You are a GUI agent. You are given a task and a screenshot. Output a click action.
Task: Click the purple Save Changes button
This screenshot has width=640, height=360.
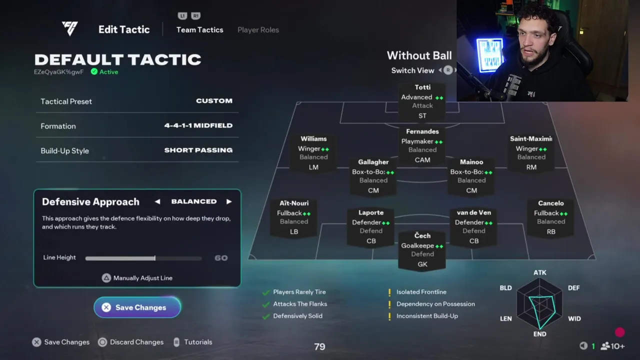pyautogui.click(x=137, y=307)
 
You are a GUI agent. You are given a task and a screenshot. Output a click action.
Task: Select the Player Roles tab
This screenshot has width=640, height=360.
pyautogui.click(x=258, y=30)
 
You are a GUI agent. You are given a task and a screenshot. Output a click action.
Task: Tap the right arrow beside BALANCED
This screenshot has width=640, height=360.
pyautogui.click(x=229, y=201)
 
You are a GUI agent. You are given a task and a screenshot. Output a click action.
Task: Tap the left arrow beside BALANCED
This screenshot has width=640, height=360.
pyautogui.click(x=157, y=201)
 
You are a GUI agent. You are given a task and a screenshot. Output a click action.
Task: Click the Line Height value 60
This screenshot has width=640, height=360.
pyautogui.click(x=221, y=258)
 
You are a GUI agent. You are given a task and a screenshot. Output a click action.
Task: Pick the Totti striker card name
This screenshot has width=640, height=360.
pyautogui.click(x=422, y=87)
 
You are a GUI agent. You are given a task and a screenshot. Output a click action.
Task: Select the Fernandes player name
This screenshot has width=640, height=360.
pyautogui.click(x=422, y=131)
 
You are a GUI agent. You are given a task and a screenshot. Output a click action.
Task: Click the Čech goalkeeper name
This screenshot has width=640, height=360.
pyautogui.click(x=422, y=235)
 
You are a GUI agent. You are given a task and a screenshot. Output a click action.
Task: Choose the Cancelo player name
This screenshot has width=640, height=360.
pyautogui.click(x=551, y=203)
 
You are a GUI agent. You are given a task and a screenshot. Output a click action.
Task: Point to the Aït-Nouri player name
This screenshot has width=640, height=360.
pyautogui.click(x=294, y=203)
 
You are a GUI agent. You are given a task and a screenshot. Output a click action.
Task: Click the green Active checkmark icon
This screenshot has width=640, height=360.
pyautogui.click(x=94, y=71)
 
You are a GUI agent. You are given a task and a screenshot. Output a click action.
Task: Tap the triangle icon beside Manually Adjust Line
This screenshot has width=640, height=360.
pyautogui.click(x=106, y=278)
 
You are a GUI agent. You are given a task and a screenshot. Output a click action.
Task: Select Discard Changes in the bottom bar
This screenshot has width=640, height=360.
pyautogui.click(x=136, y=342)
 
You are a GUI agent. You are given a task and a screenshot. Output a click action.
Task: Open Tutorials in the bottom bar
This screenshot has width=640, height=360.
pyautogui.click(x=198, y=342)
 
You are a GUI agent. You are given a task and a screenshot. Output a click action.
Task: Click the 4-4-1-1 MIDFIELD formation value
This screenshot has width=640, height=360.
pyautogui.click(x=198, y=125)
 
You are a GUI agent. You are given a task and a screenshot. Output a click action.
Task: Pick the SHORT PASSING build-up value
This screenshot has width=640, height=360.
pyautogui.click(x=198, y=150)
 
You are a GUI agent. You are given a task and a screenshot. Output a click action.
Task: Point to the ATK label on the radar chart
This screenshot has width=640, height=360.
pyautogui.click(x=539, y=273)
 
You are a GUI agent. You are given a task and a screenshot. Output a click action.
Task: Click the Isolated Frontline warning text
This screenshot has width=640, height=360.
pyautogui.click(x=421, y=292)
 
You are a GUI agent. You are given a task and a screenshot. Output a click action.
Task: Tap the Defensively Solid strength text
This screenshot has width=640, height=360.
pyautogui.click(x=297, y=316)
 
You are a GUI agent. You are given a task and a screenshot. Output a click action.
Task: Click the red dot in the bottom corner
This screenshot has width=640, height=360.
pyautogui.click(x=619, y=332)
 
